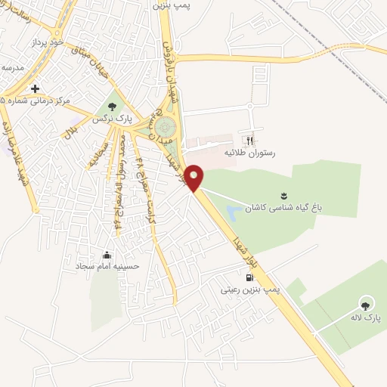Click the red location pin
[x=195, y=176]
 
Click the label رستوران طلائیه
[x=249, y=153]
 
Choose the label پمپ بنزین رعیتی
[x=250, y=289]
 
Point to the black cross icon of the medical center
[x=35, y=88]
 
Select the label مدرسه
[x=12, y=67]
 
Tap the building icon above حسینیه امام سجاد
[x=107, y=255]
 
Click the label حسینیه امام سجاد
[x=107, y=267]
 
